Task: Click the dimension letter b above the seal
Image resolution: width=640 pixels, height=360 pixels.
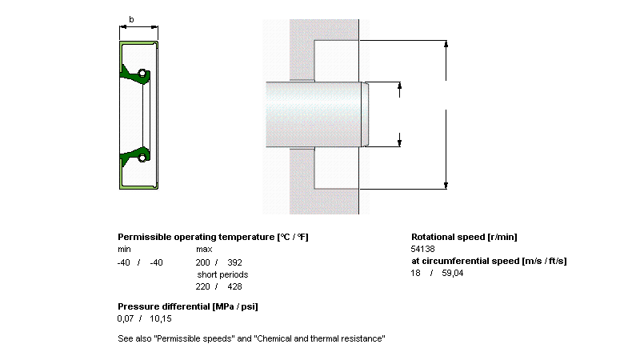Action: pyautogui.click(x=131, y=19)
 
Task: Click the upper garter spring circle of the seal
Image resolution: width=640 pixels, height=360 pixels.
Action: pyautogui.click(x=142, y=74)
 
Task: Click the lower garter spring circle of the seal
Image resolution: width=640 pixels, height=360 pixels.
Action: pyautogui.click(x=142, y=158)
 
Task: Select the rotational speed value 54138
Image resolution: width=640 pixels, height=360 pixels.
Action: pyautogui.click(x=423, y=249)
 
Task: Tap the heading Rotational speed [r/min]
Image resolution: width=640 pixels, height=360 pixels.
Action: pyautogui.click(x=464, y=237)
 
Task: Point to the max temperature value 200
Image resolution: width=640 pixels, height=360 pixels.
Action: pyautogui.click(x=202, y=262)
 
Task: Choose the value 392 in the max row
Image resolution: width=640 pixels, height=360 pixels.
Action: pyautogui.click(x=234, y=262)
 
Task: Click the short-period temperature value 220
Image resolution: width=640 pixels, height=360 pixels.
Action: pyautogui.click(x=202, y=286)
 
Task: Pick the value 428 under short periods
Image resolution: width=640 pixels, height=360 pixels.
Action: pyautogui.click(x=234, y=286)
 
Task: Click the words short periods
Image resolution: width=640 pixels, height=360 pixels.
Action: pyautogui.click(x=222, y=274)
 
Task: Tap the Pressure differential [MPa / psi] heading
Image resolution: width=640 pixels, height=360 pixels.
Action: pyautogui.click(x=188, y=306)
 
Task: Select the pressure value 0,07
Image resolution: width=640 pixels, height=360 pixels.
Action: pyautogui.click(x=126, y=318)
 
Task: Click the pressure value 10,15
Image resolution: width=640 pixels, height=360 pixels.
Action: pyautogui.click(x=161, y=318)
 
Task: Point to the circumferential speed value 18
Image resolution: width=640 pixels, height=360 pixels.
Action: pyautogui.click(x=415, y=273)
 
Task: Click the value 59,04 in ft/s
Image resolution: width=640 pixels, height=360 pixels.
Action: pyautogui.click(x=453, y=273)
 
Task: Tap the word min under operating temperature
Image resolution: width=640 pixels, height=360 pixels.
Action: pyautogui.click(x=124, y=249)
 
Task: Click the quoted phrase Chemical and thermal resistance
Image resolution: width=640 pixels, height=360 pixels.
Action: pyautogui.click(x=319, y=338)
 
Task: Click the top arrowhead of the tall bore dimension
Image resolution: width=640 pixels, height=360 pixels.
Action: pyautogui.click(x=446, y=44)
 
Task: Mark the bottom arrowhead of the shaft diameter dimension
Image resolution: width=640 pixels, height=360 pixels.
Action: pyautogui.click(x=399, y=143)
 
